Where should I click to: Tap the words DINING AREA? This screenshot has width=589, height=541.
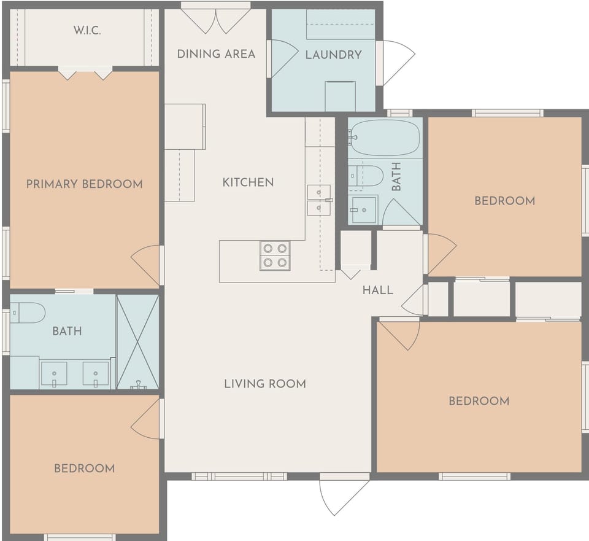[216, 54]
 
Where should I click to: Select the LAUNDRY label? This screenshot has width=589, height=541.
[333, 55]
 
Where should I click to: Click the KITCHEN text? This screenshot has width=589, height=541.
[248, 182]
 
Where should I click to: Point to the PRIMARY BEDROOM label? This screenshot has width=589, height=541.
[84, 184]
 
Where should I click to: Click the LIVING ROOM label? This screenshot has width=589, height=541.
[264, 384]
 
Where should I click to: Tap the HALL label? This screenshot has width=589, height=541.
[377, 290]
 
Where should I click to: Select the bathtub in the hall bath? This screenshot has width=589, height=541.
[385, 138]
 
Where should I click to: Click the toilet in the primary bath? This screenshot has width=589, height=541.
[28, 313]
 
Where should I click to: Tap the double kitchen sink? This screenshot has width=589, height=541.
[318, 200]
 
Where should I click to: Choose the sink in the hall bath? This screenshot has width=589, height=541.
[363, 210]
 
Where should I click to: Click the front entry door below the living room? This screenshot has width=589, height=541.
[344, 495]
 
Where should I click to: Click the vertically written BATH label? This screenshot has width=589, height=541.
[396, 176]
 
